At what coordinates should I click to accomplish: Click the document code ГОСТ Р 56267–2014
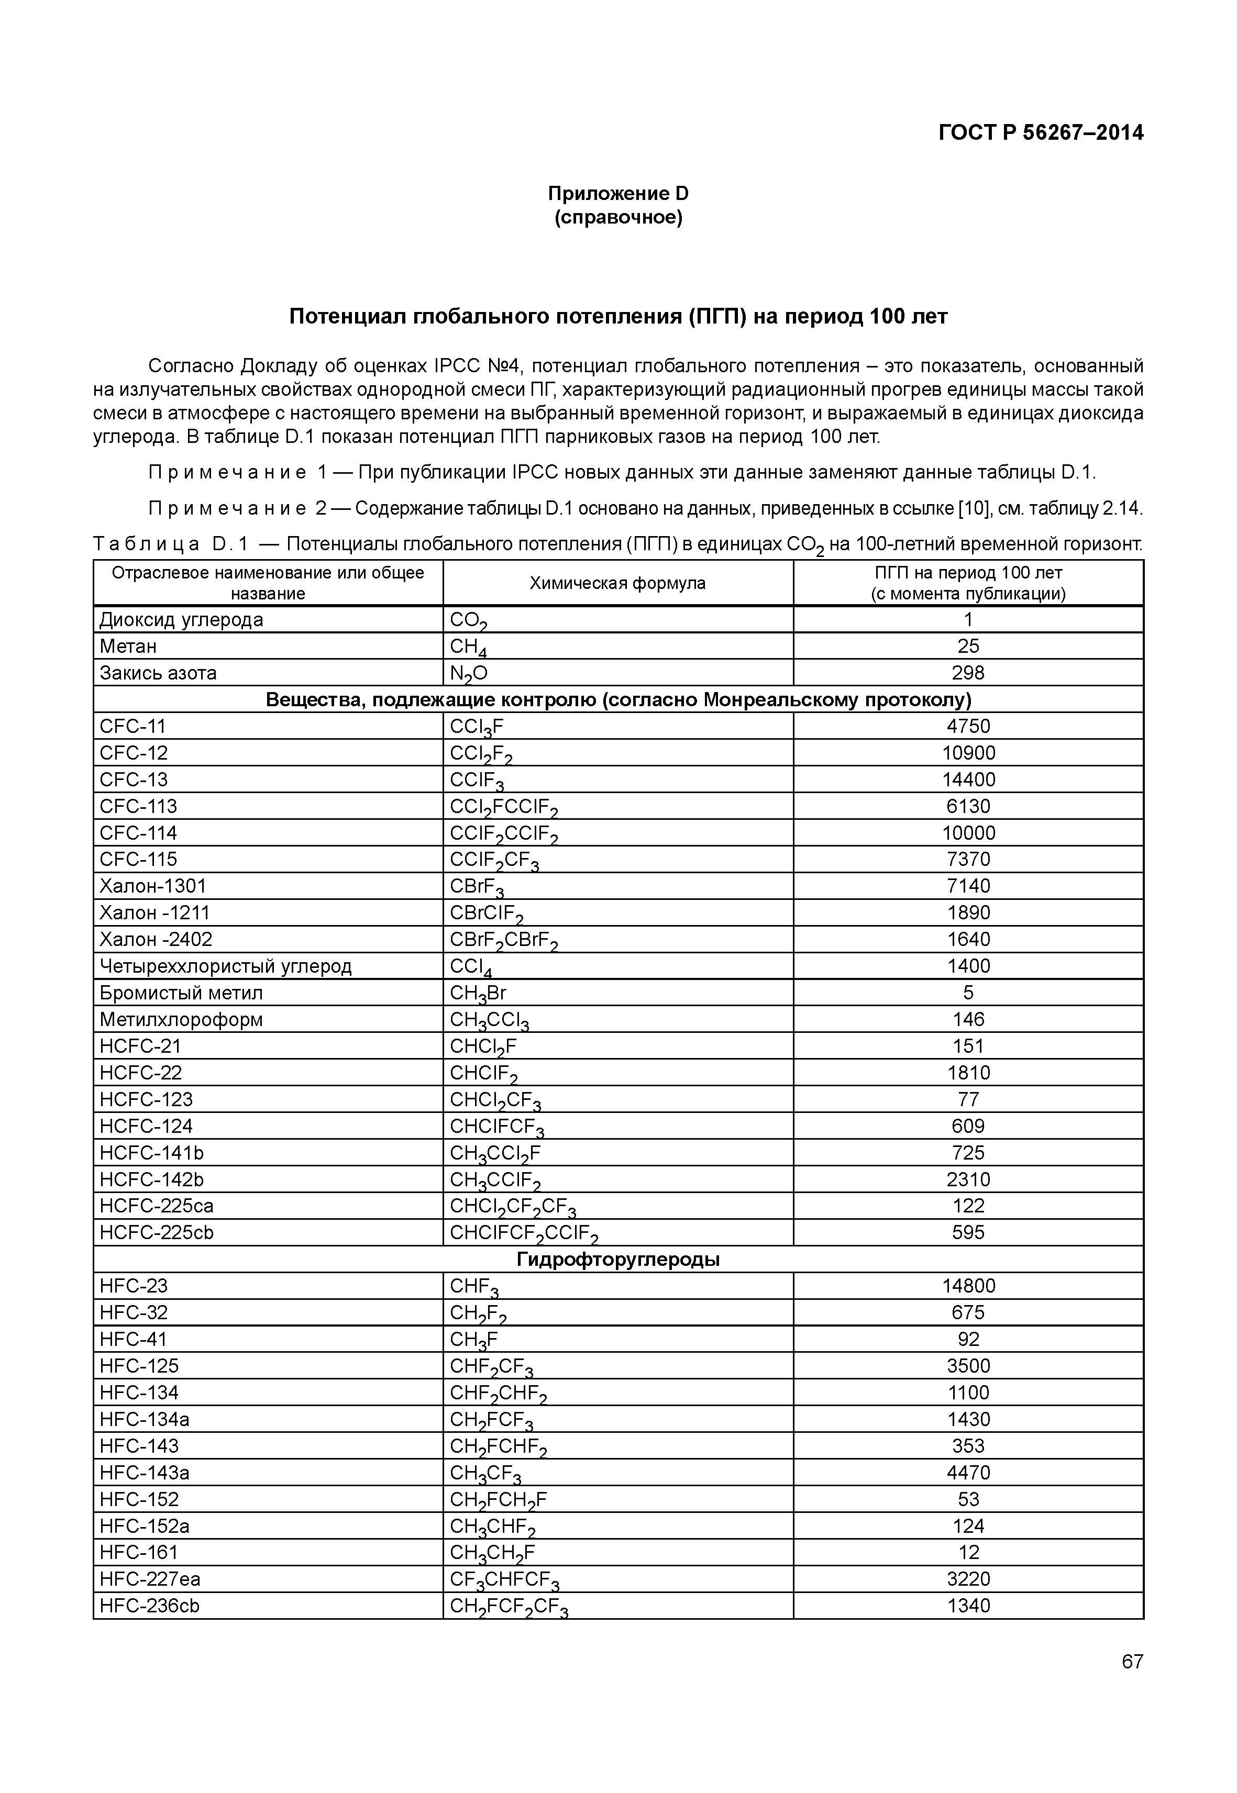click(x=1040, y=133)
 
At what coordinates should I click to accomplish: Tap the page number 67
click(x=1132, y=1661)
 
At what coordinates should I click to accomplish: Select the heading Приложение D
click(x=618, y=193)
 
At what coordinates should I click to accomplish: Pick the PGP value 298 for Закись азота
click(x=968, y=673)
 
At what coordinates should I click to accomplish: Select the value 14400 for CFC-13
click(x=968, y=779)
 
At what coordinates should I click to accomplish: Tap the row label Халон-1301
click(x=153, y=886)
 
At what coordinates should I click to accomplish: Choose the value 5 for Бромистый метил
click(x=968, y=993)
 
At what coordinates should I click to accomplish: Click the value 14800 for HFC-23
click(x=968, y=1286)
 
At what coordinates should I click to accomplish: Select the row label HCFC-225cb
click(x=157, y=1233)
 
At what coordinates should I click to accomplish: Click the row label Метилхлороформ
click(x=181, y=1020)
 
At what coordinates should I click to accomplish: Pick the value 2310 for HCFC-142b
click(x=968, y=1179)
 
